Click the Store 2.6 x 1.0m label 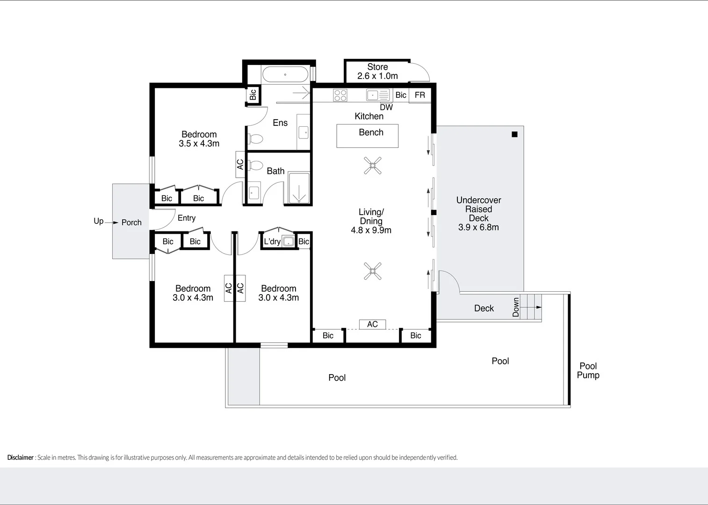(377, 72)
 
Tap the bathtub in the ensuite (285, 74)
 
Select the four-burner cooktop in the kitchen (340, 95)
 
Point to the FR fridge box (420, 95)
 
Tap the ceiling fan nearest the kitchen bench (373, 166)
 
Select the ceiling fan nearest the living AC (373, 271)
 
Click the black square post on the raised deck (514, 134)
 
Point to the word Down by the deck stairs (516, 307)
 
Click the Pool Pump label (588, 370)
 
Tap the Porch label (131, 223)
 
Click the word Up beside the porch (98, 221)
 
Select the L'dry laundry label (272, 242)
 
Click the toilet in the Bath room (255, 165)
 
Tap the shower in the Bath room (299, 188)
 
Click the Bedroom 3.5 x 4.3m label (199, 139)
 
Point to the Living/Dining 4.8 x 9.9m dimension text (371, 230)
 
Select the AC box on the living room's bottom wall (372, 324)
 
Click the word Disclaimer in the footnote (20, 457)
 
